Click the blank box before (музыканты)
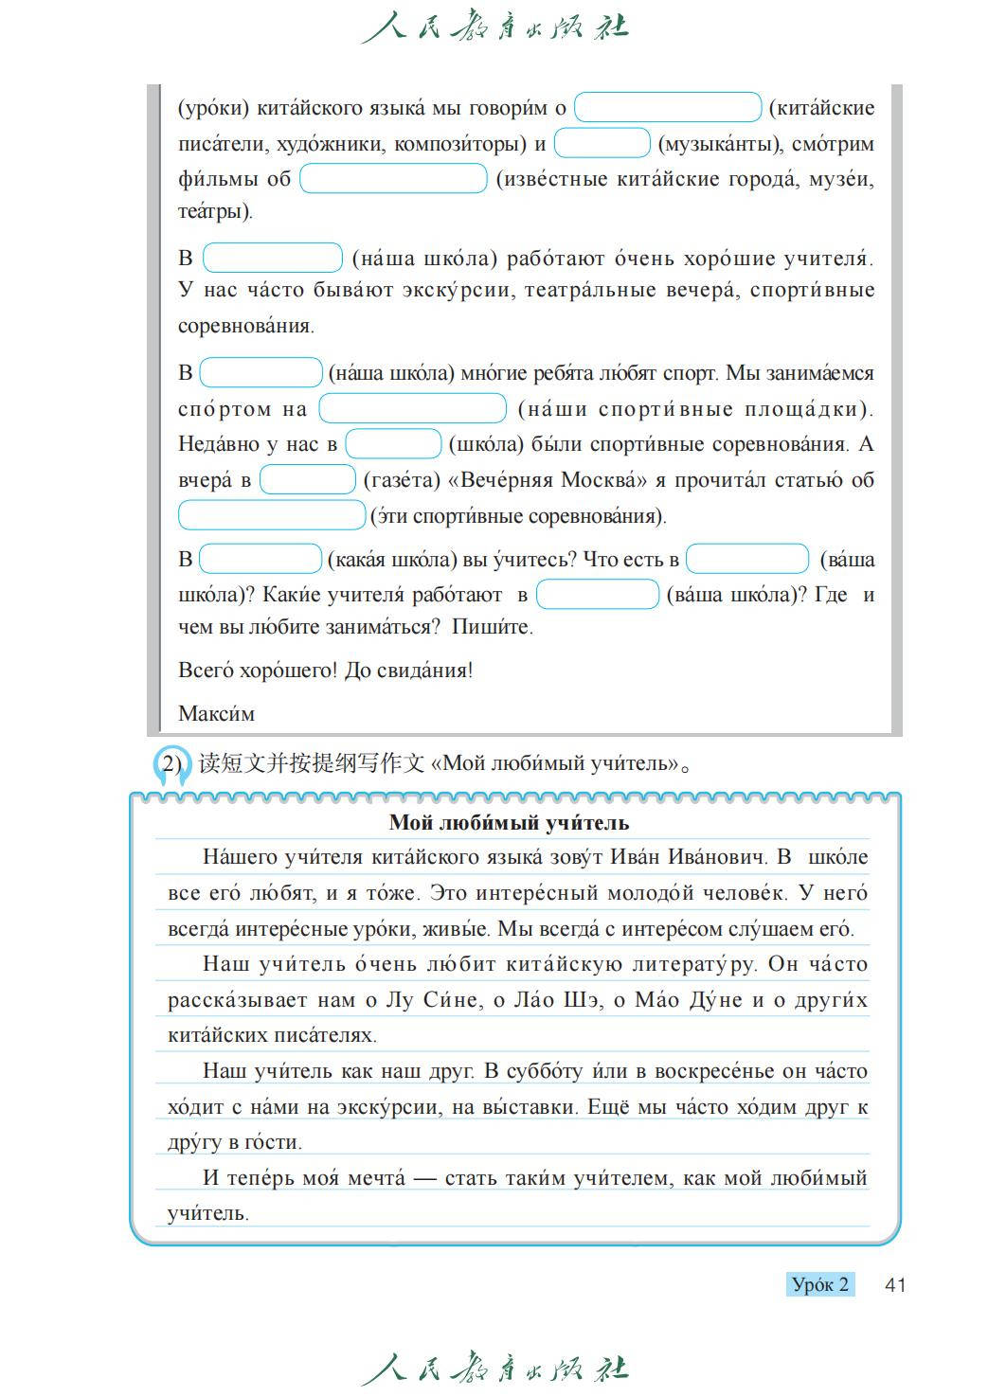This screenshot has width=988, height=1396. (x=602, y=143)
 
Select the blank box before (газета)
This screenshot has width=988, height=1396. (x=307, y=479)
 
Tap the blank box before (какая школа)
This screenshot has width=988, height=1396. (x=260, y=559)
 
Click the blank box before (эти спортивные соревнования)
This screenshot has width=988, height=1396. (x=271, y=515)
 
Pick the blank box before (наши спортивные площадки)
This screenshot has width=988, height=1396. (x=412, y=408)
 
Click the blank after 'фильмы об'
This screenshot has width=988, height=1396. (x=393, y=178)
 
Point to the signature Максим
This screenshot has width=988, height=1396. (x=216, y=713)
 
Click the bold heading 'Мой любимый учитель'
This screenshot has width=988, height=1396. (x=509, y=822)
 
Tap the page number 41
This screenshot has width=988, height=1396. (x=894, y=1284)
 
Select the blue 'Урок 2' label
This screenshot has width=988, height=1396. (x=820, y=1284)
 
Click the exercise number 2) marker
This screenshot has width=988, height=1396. (x=171, y=763)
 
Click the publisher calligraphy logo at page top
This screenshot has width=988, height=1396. (x=494, y=27)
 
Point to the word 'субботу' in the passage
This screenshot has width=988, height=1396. (x=545, y=1071)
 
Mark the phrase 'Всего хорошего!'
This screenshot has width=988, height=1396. (x=257, y=671)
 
